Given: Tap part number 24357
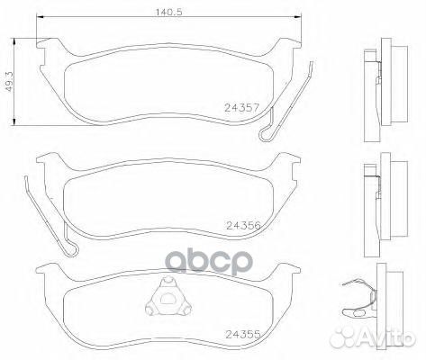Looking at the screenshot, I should tap(240, 107).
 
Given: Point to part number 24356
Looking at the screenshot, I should tap(243, 226).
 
